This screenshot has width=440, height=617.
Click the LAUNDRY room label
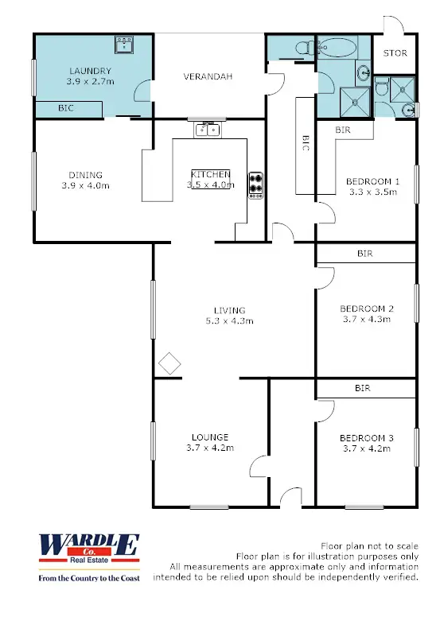coord(89,70)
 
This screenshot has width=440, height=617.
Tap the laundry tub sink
coord(123,45)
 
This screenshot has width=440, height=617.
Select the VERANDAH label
coord(208,76)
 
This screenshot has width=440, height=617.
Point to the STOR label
coord(395,54)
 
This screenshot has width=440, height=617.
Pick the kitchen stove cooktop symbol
coord(255,184)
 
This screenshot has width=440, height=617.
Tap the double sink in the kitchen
coord(208,128)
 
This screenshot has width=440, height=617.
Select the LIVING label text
coord(229,310)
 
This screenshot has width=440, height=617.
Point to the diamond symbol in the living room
coord(169,364)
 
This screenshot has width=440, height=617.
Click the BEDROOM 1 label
coord(372,181)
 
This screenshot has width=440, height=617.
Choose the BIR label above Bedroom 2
coord(365,254)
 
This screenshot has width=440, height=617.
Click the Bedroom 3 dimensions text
coord(366,448)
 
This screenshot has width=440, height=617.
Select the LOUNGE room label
coord(210,437)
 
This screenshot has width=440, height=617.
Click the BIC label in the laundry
coord(66,107)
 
